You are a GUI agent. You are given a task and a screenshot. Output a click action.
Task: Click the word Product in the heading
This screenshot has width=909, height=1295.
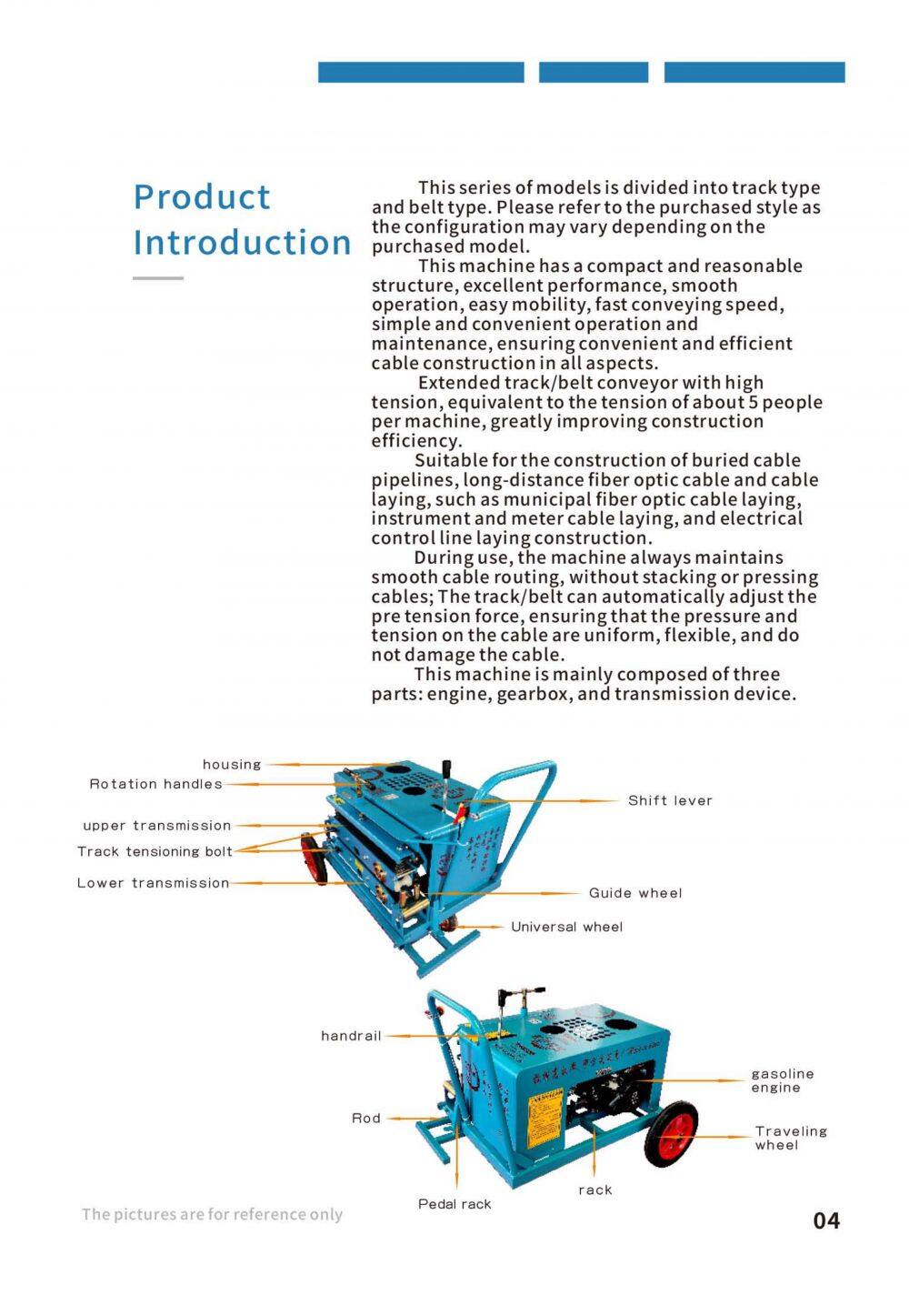[202, 197]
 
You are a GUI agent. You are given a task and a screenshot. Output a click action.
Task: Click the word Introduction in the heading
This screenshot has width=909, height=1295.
[242, 243]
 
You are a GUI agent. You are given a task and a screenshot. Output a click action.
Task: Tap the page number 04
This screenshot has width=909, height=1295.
[826, 1220]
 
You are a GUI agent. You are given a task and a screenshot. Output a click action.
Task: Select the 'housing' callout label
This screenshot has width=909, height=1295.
[232, 765]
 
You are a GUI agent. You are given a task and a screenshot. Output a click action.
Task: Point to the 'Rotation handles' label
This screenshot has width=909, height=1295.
[155, 784]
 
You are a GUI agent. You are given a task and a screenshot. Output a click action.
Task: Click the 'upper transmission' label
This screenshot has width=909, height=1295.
[157, 826]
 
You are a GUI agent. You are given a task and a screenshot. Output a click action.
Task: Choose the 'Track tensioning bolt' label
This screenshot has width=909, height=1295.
[155, 851]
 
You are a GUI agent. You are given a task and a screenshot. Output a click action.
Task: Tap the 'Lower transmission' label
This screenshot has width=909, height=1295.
[153, 883]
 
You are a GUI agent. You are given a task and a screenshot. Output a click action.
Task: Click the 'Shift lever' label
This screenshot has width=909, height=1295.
[670, 801]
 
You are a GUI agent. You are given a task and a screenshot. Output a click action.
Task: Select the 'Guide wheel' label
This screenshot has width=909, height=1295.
[635, 893]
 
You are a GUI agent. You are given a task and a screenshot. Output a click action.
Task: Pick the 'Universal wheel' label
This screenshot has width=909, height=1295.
[567, 927]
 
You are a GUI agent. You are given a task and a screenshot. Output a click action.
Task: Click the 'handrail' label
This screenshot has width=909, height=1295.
[351, 1036]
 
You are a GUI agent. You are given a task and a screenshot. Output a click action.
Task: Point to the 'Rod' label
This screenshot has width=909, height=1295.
[366, 1119]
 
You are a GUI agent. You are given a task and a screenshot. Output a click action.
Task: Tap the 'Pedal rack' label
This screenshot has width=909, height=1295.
[454, 1204]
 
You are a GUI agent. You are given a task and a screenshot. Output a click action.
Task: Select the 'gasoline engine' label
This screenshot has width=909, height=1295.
[782, 1080]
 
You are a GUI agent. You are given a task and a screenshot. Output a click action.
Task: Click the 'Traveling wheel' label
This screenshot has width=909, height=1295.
[791, 1138]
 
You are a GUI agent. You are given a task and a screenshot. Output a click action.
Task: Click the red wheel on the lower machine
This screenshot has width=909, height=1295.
[674, 1133]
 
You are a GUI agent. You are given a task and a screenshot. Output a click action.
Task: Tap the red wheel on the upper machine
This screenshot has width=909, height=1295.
[315, 860]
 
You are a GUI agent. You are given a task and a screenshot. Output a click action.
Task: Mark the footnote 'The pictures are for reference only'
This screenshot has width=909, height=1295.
[212, 1214]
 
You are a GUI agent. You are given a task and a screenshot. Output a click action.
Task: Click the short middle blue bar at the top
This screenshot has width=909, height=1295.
[594, 73]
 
